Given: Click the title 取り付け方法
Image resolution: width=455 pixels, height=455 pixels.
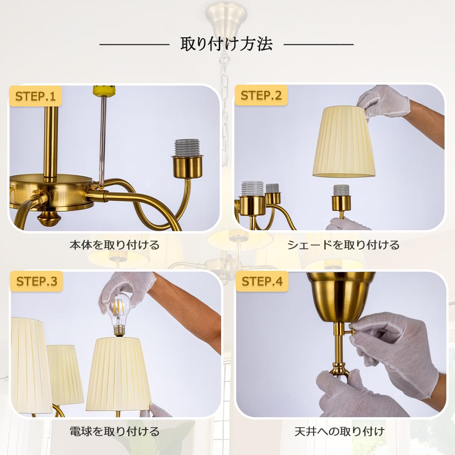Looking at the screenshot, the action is (226, 44).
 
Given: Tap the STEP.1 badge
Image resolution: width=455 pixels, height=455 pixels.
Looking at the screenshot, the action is (35, 96).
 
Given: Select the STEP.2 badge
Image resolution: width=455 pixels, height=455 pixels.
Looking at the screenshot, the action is (261, 95).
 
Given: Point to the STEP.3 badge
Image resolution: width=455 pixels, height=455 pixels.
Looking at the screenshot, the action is (36, 281).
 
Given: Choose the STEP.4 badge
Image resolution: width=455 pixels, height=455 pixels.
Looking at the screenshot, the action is (262, 281).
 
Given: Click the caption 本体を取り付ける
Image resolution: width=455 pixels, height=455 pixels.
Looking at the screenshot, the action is (115, 245).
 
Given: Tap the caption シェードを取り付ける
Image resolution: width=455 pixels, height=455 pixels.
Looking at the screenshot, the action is (343, 245).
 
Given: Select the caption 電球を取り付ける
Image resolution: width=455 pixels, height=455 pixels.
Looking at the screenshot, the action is (115, 431).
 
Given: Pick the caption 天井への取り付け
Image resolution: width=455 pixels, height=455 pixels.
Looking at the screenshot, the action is (339, 431).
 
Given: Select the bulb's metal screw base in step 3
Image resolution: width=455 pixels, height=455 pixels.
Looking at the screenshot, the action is (118, 330).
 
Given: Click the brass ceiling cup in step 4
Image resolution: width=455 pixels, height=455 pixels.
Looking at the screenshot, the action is (340, 297).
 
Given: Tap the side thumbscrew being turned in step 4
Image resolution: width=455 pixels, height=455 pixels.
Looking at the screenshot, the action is (350, 331).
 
